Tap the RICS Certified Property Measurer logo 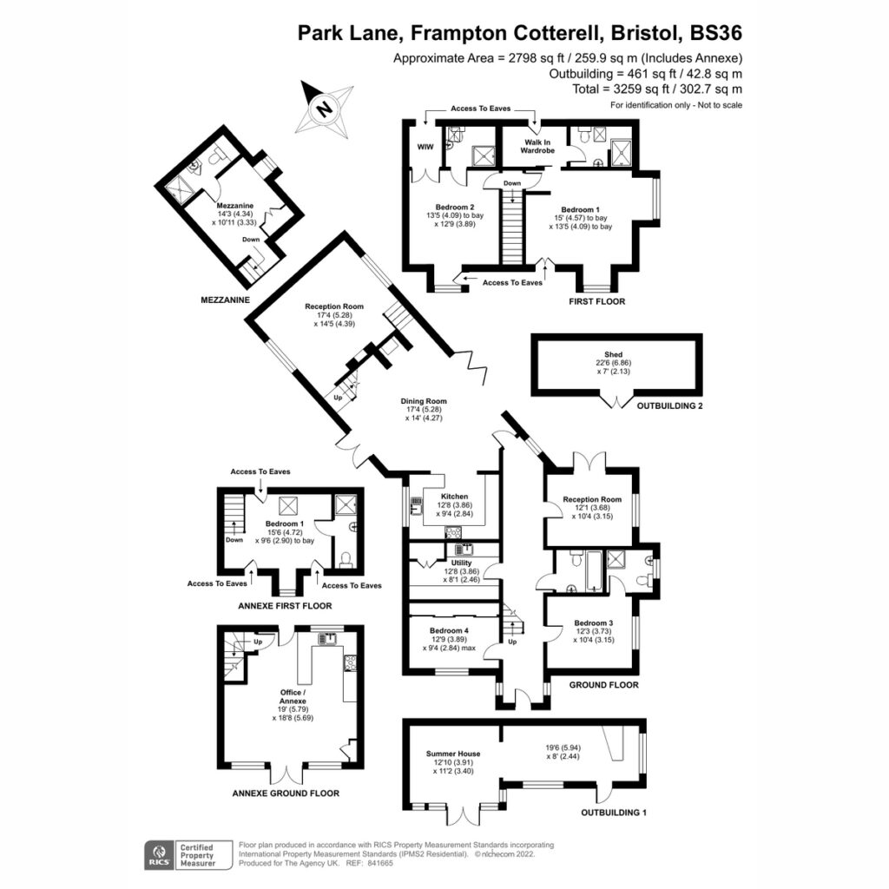point(188,855)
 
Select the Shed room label point(614,354)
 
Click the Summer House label point(453,754)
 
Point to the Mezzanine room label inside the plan point(235,206)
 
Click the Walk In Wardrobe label point(537,146)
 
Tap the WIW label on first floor point(425,147)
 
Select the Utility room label point(461,563)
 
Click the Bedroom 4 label point(449,630)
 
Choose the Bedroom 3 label point(594,622)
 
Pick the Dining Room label point(424,401)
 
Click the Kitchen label point(455,496)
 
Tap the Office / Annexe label point(293,697)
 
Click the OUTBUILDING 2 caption point(669,406)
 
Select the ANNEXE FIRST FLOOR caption point(285,606)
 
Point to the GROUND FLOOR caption point(604,685)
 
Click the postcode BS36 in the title point(716,33)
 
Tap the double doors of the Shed point(617,401)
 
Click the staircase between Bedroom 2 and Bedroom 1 point(512,227)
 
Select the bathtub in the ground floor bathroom point(594,570)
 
